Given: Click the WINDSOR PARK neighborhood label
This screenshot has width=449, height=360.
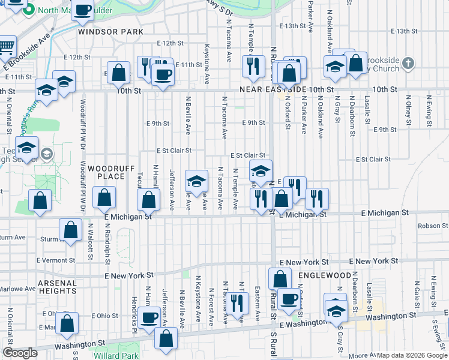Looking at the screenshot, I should [x=110, y=31].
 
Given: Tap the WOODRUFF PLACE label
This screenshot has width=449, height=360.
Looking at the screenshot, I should [x=106, y=173].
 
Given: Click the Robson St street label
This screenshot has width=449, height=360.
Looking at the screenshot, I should [x=425, y=226].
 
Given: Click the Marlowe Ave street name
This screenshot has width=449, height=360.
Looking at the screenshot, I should [x=18, y=289].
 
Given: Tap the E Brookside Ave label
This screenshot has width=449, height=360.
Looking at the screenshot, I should [x=26, y=55].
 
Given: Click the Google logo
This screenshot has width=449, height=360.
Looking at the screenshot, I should [x=20, y=353].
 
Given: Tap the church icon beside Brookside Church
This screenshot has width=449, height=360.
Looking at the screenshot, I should [x=408, y=63].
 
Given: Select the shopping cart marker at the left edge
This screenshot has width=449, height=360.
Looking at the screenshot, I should [x=5, y=46].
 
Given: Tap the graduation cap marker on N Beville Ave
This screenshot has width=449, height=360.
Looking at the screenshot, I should [x=196, y=179].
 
